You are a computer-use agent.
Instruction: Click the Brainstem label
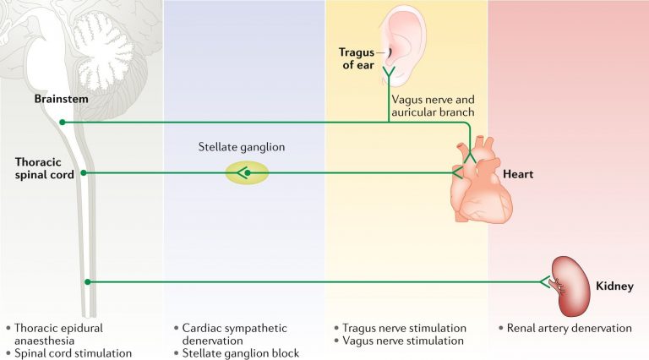click(62, 100)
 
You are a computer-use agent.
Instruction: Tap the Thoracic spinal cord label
click(44, 166)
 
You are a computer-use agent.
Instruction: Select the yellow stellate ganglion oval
click(247, 173)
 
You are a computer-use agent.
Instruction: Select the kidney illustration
click(570, 283)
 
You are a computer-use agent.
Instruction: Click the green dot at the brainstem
click(63, 123)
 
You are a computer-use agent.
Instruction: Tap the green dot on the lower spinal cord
click(88, 282)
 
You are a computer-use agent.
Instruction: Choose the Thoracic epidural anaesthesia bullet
click(52, 334)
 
